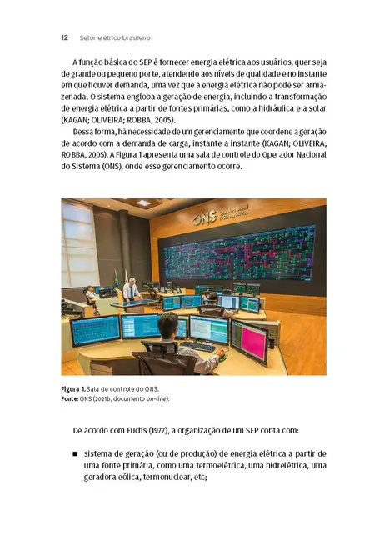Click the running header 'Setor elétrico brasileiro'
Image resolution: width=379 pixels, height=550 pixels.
[x=114, y=37]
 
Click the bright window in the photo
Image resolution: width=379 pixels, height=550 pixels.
[x=77, y=242]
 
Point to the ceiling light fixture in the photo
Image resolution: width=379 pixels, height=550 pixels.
[x=143, y=202]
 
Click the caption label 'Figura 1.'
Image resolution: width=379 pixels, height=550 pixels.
[x=76, y=389]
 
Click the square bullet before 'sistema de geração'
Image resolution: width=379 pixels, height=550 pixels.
[x=76, y=454]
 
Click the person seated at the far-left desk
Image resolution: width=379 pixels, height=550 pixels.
[x=90, y=294]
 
